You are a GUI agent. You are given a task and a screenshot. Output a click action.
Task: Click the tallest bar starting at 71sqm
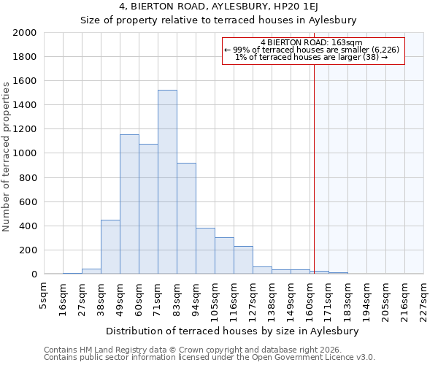pyautogui.click(x=167, y=182)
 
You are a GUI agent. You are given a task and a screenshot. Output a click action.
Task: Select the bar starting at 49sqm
pyautogui.click(x=129, y=204)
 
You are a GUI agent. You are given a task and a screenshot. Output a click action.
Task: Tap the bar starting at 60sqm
pyautogui.click(x=148, y=209)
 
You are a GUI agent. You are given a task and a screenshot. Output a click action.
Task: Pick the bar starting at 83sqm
pyautogui.click(x=186, y=218)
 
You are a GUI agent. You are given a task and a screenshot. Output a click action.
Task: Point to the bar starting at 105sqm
pyautogui.click(x=224, y=255)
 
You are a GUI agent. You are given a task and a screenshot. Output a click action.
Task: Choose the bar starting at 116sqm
pyautogui.click(x=243, y=260)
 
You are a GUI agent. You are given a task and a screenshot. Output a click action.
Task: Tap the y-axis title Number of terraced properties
pyautogui.click(x=7, y=157)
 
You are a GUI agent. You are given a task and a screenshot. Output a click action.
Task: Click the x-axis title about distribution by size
pyautogui.click(x=237, y=331)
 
